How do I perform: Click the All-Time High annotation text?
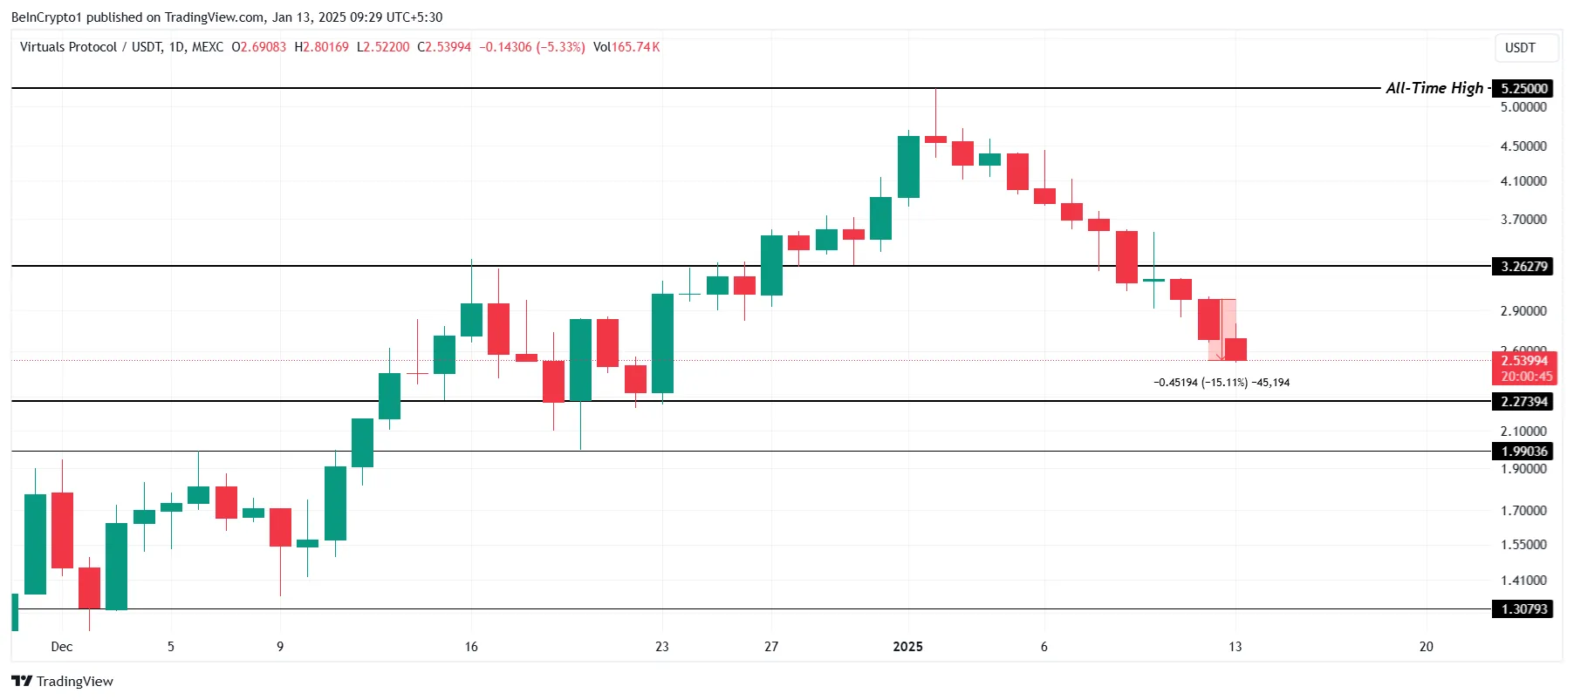coord(1434,88)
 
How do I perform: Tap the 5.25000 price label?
coord(1523,88)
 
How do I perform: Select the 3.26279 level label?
coord(1523,266)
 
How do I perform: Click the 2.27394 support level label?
coord(1523,401)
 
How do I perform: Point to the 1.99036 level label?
coord(1523,451)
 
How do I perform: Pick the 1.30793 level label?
coord(1523,608)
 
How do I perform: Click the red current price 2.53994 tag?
coord(1524,361)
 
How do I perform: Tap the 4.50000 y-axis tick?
coord(1523,146)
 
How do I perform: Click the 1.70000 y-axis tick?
coord(1523,510)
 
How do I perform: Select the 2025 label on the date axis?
coord(907,646)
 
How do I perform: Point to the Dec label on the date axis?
coord(61,646)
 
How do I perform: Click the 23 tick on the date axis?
coord(662,646)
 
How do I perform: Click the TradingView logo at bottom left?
coord(62,681)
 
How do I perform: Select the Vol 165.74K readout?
coord(626,47)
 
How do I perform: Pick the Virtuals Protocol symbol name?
coord(68,47)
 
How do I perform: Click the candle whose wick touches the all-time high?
coord(935,139)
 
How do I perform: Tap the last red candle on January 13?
coord(1235,349)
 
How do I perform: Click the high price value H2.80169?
coord(321,47)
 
